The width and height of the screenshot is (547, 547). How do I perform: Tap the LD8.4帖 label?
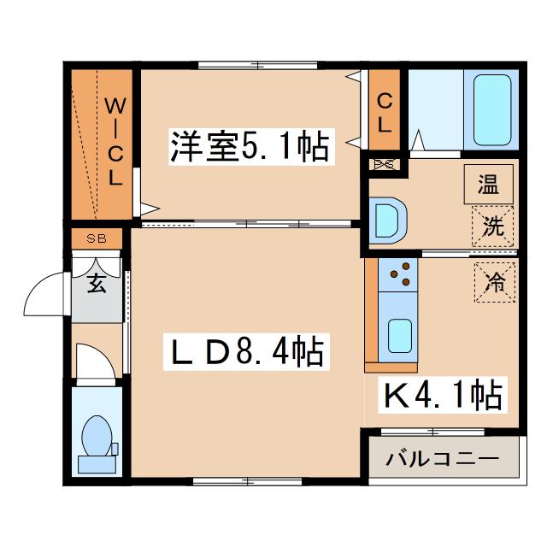click(246, 351)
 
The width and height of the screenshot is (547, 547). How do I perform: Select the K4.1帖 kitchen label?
click(443, 395)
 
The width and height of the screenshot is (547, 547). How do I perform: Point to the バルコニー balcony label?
click(443, 459)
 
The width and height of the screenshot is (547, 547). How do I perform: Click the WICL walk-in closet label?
click(115, 141)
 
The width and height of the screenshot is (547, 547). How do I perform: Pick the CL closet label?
click(385, 112)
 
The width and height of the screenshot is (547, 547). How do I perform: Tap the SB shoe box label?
click(97, 238)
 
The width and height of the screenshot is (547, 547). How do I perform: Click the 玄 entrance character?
click(97, 283)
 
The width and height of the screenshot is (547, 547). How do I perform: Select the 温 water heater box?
click(488, 185)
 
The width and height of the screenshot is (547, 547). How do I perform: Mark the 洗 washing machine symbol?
click(492, 226)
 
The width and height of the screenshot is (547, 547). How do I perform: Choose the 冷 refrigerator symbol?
click(495, 282)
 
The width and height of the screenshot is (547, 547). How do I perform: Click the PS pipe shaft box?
click(384, 164)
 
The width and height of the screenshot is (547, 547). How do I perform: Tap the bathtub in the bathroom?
click(492, 110)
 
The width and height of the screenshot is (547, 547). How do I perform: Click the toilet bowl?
click(97, 436)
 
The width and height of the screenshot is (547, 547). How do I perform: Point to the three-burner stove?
click(397, 274)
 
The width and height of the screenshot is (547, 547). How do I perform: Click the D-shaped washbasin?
click(388, 221)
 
